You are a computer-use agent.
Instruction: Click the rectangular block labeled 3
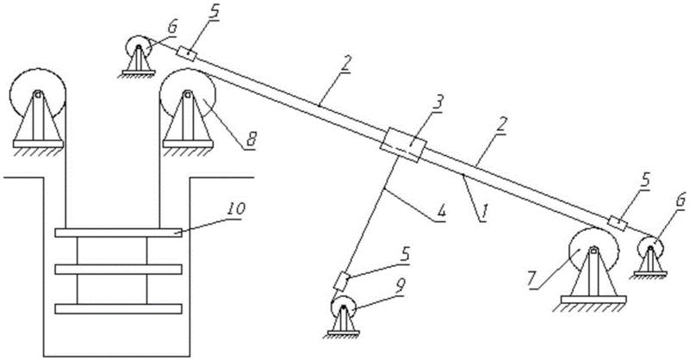pyautogui.click(x=401, y=145)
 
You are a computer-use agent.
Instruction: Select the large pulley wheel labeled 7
pyautogui.click(x=593, y=255)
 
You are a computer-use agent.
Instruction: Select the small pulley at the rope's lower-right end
pyautogui.click(x=651, y=249)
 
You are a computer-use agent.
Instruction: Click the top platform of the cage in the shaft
pyautogui.click(x=118, y=233)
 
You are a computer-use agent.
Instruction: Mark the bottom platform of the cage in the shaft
pyautogui.click(x=118, y=307)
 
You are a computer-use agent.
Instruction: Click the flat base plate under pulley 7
pyautogui.click(x=594, y=301)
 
